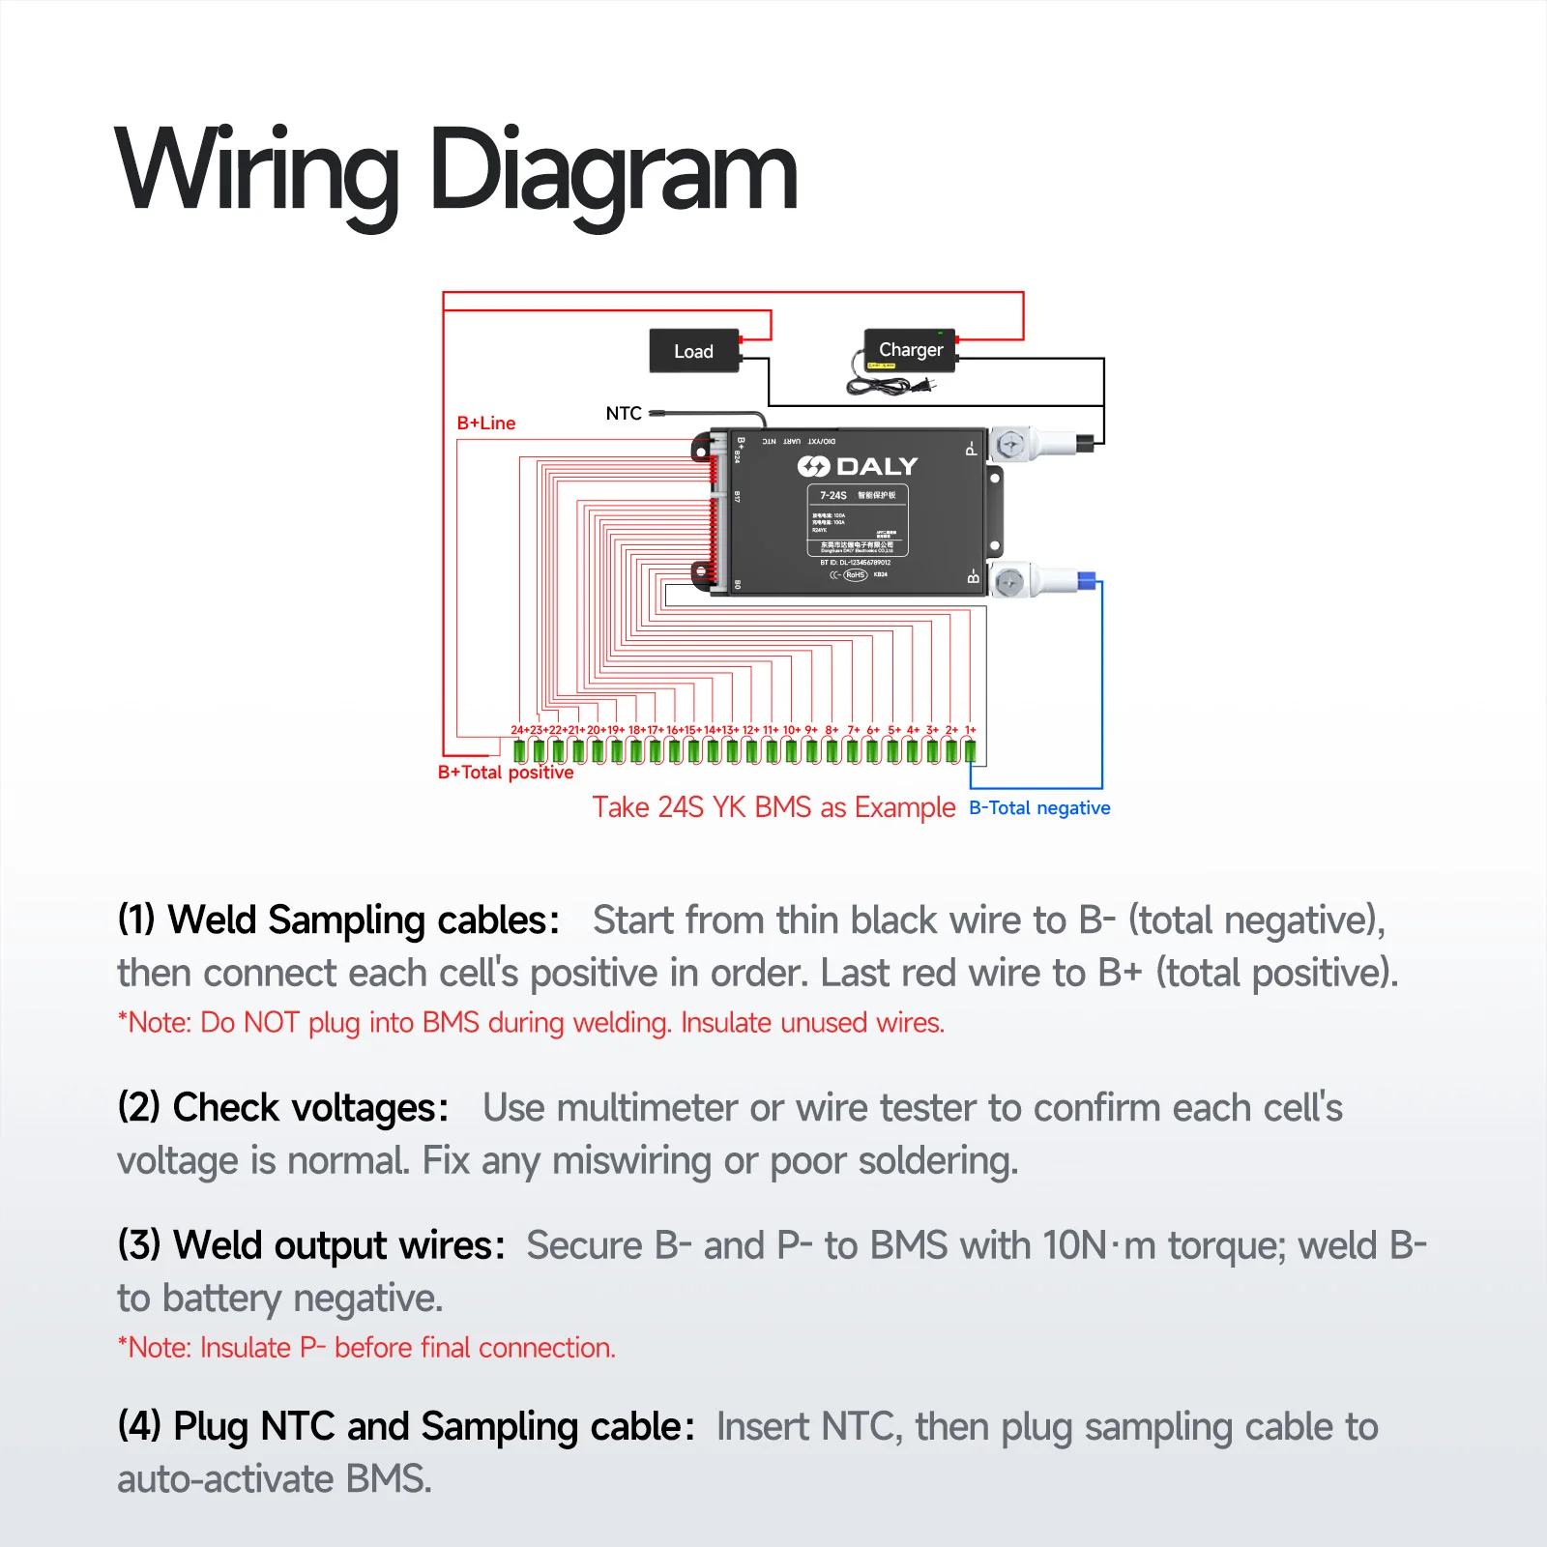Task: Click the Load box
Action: click(x=693, y=351)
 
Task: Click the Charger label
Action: click(x=910, y=349)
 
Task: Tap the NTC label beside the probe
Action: click(x=624, y=413)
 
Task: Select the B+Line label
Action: click(x=485, y=423)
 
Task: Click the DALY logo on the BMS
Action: click(x=858, y=466)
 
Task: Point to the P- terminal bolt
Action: click(x=1010, y=445)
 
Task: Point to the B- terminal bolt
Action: click(x=1008, y=582)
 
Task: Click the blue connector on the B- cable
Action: click(x=1086, y=581)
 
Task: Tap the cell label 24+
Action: click(x=519, y=730)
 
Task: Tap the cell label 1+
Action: click(x=970, y=730)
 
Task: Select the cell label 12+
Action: click(x=750, y=730)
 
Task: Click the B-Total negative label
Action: click(x=1039, y=807)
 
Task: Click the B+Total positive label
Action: click(x=505, y=772)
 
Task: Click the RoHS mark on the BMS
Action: click(x=855, y=574)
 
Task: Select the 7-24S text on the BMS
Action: click(x=832, y=495)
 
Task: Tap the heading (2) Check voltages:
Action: click(x=282, y=1107)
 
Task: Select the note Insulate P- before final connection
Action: click(x=366, y=1347)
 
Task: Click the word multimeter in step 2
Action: click(x=647, y=1107)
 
